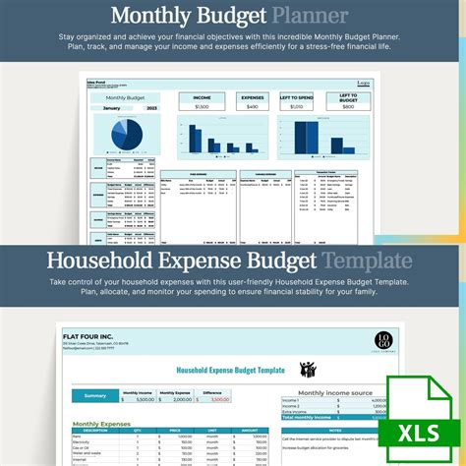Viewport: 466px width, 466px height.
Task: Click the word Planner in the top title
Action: tap(310, 16)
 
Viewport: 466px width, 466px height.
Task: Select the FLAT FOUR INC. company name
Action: tap(93, 338)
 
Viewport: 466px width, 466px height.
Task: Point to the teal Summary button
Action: tap(94, 395)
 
